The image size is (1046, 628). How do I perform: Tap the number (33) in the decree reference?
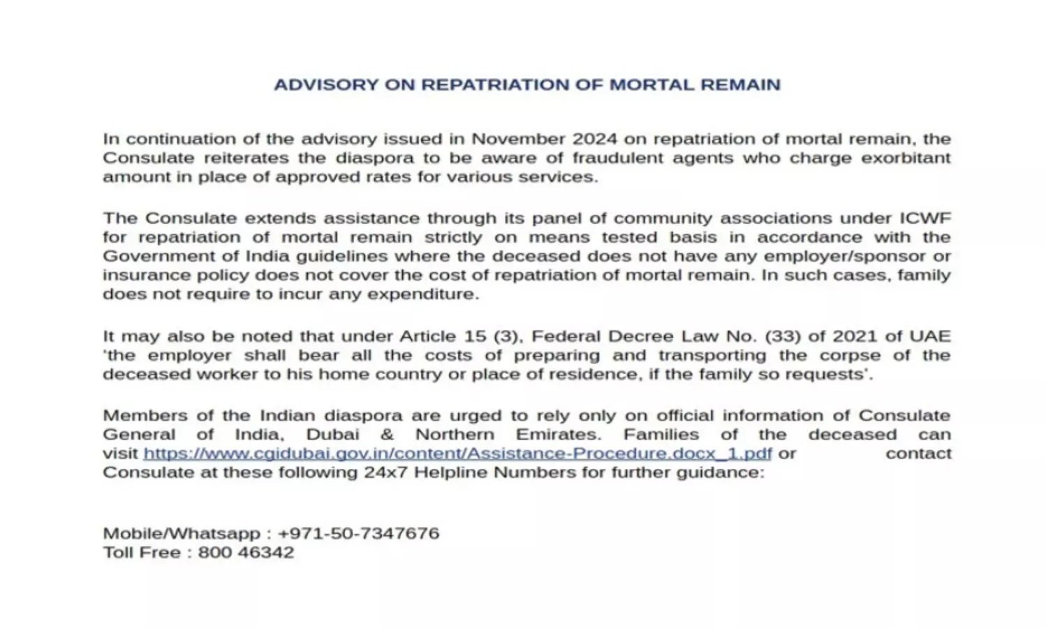point(783,336)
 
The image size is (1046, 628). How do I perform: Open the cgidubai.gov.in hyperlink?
point(457,454)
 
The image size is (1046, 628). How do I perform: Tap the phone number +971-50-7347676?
point(358,534)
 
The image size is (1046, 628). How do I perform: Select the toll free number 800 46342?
point(246,553)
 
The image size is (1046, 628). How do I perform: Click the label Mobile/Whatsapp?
point(182,534)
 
